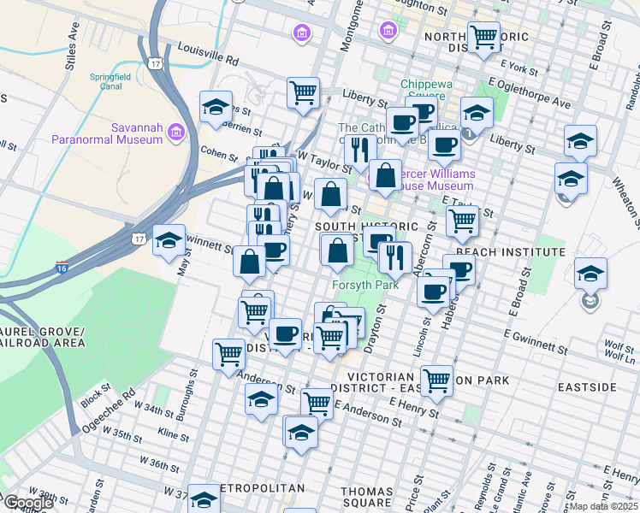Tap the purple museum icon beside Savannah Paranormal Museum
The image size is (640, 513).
coord(176,133)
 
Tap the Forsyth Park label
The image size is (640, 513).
coord(365,285)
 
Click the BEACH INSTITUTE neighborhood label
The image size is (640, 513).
coord(511,252)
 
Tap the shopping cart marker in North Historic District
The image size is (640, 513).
coord(484,37)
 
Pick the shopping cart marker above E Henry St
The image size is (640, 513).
coord(436,380)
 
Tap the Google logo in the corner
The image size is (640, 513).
coord(28,503)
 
